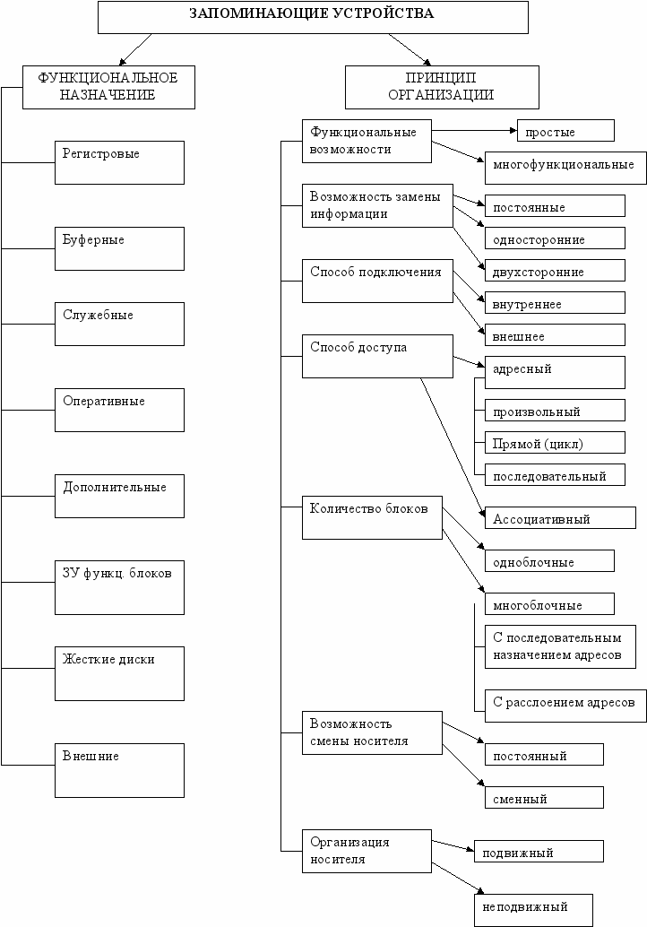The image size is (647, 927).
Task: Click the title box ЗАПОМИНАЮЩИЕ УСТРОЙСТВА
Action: pos(313,17)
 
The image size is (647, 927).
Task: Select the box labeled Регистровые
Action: pos(119,162)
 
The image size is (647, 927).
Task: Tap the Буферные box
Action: pos(119,248)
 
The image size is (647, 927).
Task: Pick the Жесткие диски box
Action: pos(119,673)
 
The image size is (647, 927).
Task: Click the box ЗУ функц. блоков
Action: pos(119,587)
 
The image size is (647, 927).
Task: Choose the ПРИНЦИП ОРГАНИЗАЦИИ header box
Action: pos(442,88)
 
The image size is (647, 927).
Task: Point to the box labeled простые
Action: pos(565,131)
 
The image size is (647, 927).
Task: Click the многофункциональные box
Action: pos(565,168)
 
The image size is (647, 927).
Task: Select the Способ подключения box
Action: pos(377,281)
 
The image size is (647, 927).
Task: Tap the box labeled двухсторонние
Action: pos(555,270)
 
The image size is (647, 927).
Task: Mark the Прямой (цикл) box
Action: pos(555,442)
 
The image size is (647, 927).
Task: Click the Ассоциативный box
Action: pos(560,517)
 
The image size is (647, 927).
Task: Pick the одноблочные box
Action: pos(549,560)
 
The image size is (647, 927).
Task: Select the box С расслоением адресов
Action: pos(565,706)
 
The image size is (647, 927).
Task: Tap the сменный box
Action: pos(544,797)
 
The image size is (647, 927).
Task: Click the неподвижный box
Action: pos(533,910)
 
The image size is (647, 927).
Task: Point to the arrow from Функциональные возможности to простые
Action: pos(474,130)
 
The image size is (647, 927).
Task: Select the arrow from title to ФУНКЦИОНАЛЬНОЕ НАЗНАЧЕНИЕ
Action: pos(135,49)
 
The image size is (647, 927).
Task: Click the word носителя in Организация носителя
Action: pos(337,860)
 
